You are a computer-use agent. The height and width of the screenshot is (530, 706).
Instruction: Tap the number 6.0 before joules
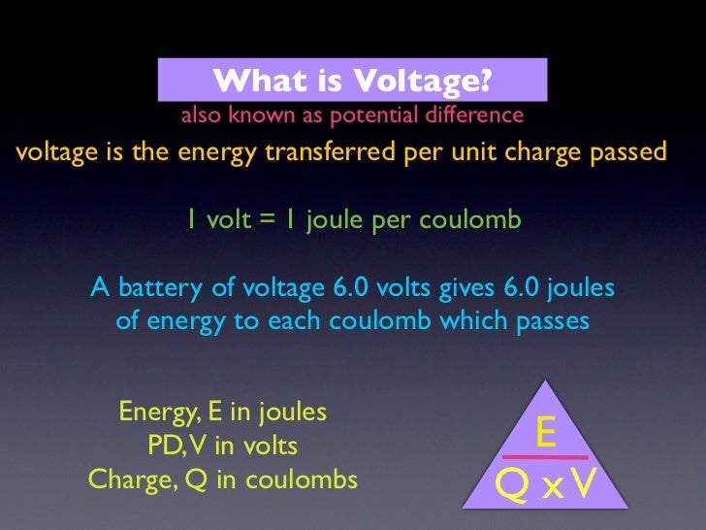coord(517,288)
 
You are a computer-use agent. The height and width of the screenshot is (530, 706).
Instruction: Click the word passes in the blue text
coord(549,320)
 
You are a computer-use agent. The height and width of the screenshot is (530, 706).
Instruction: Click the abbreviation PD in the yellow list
coord(163,446)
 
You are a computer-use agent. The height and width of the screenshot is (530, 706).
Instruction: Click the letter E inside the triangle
coord(546,433)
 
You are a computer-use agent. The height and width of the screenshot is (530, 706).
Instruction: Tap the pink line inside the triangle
coord(544,456)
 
